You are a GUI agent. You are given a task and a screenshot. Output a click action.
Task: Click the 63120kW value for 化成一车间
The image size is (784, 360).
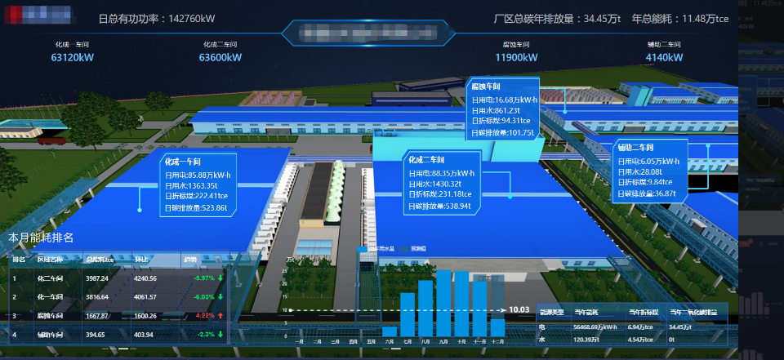coord(73,58)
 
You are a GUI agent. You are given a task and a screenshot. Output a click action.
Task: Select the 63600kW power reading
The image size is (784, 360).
coord(220,58)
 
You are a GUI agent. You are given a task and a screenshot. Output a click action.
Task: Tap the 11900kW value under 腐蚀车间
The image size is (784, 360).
coord(516,58)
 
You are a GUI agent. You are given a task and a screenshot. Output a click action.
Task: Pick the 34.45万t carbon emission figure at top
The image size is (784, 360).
coord(604,18)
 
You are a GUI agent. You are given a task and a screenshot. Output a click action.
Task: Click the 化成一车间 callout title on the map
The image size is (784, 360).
coord(183,162)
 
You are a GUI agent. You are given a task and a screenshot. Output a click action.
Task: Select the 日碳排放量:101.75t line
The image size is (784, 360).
coord(503,132)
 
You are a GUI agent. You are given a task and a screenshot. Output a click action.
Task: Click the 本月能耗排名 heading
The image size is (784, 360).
coord(41,238)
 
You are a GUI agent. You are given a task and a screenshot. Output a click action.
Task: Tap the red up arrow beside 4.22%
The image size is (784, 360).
coord(221,315)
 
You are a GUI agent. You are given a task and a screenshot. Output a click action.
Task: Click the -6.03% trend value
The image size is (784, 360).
coord(203,297)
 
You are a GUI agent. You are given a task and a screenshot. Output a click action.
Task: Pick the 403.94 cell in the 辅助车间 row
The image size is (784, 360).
coord(144,334)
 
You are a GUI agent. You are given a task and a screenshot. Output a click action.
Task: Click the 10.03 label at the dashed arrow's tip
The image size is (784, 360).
coord(519,309)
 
